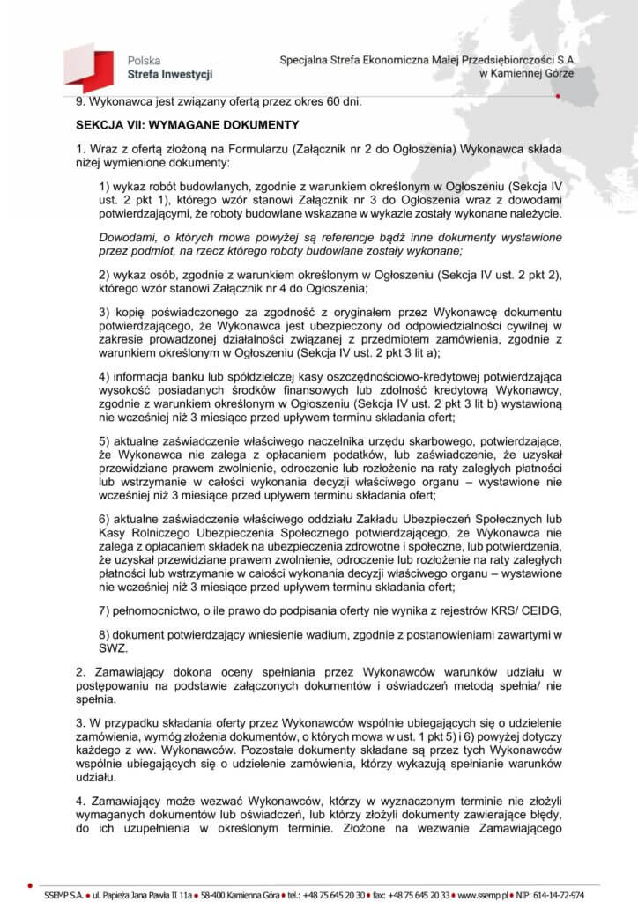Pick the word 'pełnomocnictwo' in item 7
click(x=152, y=610)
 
